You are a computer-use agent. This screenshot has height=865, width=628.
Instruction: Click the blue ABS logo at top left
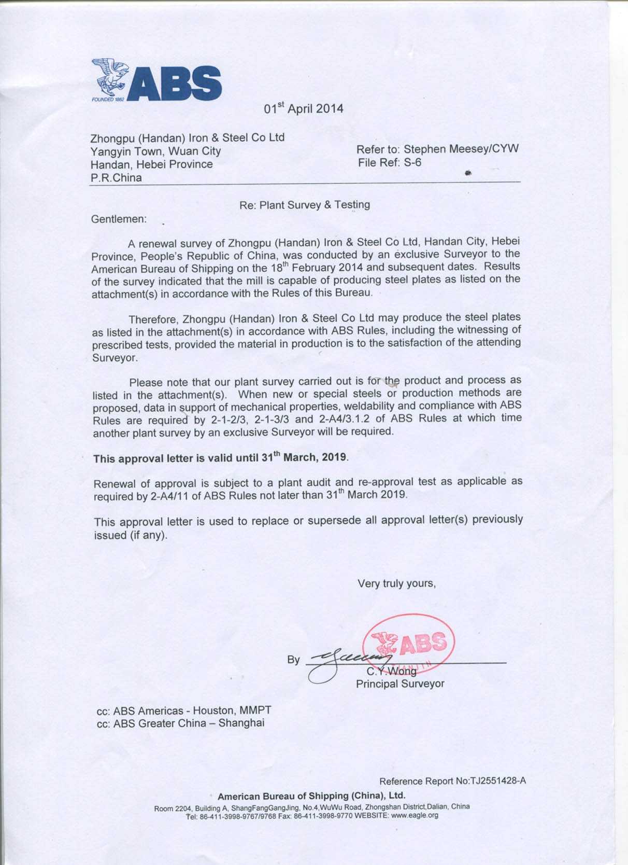click(156, 80)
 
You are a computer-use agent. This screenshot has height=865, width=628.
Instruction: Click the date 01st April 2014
click(303, 108)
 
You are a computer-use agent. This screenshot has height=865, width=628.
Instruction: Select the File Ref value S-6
click(412, 163)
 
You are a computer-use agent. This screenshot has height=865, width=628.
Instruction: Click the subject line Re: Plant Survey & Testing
click(305, 205)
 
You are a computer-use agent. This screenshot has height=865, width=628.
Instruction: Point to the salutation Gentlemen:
click(119, 219)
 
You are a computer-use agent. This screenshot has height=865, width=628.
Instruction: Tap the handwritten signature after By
click(342, 661)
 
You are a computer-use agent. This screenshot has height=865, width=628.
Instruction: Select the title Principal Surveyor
click(400, 684)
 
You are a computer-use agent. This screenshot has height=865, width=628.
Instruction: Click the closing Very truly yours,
click(396, 584)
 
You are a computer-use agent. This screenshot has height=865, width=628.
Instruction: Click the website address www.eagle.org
click(415, 815)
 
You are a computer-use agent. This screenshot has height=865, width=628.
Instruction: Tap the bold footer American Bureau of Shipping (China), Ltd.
click(311, 796)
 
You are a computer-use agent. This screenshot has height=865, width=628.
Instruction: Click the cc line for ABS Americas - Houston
click(184, 711)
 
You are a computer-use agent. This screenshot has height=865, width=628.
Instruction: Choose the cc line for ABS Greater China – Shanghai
click(180, 723)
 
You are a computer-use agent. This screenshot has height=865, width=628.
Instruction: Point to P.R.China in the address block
click(116, 178)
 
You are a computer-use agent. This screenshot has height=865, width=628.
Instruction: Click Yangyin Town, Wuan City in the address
click(155, 151)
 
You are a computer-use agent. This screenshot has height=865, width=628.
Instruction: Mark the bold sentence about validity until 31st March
click(220, 458)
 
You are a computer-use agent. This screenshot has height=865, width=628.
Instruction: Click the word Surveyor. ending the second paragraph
click(115, 358)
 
